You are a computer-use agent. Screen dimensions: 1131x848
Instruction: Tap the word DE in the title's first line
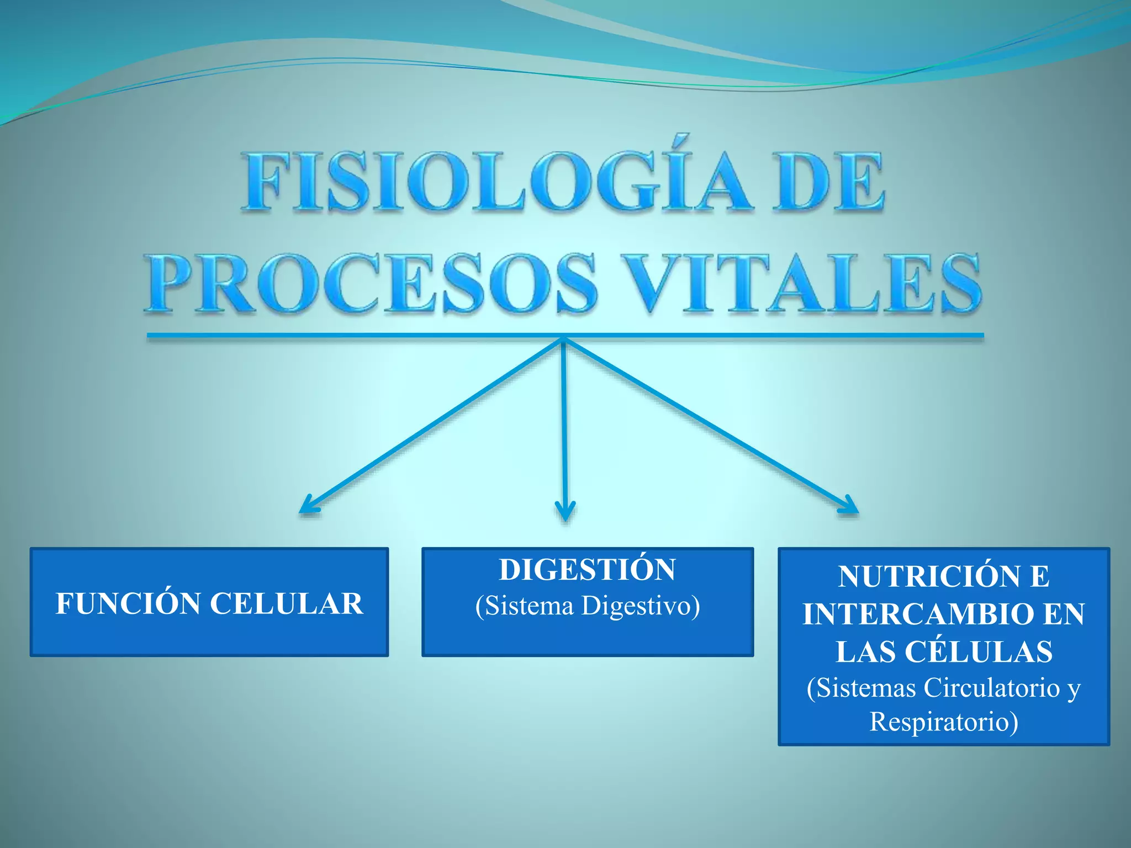[x=828, y=182]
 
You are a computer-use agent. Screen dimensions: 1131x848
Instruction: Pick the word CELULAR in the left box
[x=287, y=603]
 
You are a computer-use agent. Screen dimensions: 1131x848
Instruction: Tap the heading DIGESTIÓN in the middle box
[x=588, y=570]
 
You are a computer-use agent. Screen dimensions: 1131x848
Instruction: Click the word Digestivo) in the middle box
[x=641, y=606]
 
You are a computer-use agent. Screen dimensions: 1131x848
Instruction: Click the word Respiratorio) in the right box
[x=944, y=722]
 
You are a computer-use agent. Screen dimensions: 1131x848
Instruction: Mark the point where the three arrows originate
[x=564, y=338]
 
